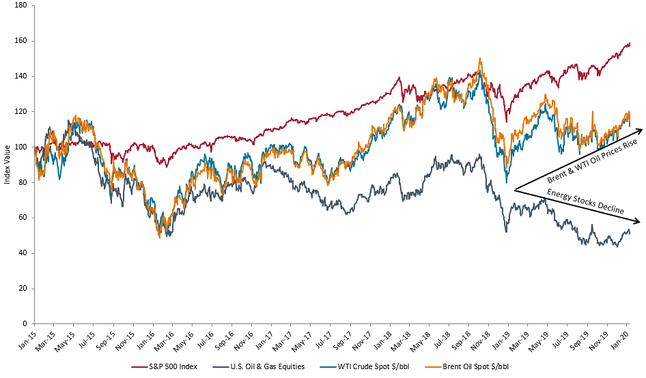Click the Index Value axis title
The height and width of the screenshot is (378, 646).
[x=6, y=164]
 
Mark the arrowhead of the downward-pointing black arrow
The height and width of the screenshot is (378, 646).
[x=638, y=222]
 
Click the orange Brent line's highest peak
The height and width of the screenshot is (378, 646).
[x=481, y=59]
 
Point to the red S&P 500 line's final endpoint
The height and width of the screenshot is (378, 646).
[x=630, y=44]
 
